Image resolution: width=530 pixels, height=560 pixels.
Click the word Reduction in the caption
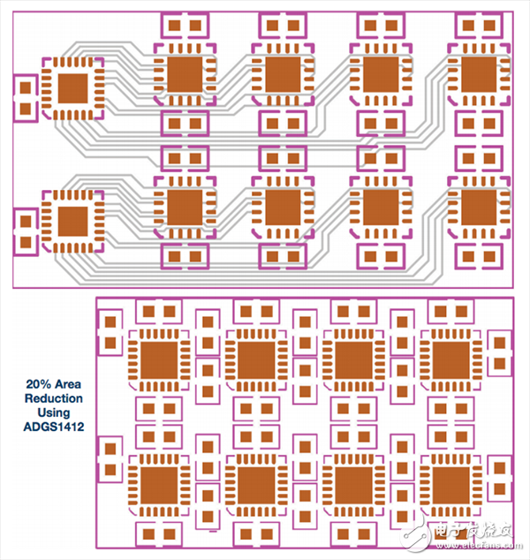point(55,398)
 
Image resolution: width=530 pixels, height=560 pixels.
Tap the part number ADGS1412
point(55,427)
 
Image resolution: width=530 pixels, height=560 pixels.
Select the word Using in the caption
point(55,412)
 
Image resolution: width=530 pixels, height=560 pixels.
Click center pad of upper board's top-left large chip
point(73,88)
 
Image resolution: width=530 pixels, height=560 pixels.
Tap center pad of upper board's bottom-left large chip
point(73,221)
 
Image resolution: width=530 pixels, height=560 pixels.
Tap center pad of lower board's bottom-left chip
point(159,482)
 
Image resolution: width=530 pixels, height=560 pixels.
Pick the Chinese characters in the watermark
point(474,530)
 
